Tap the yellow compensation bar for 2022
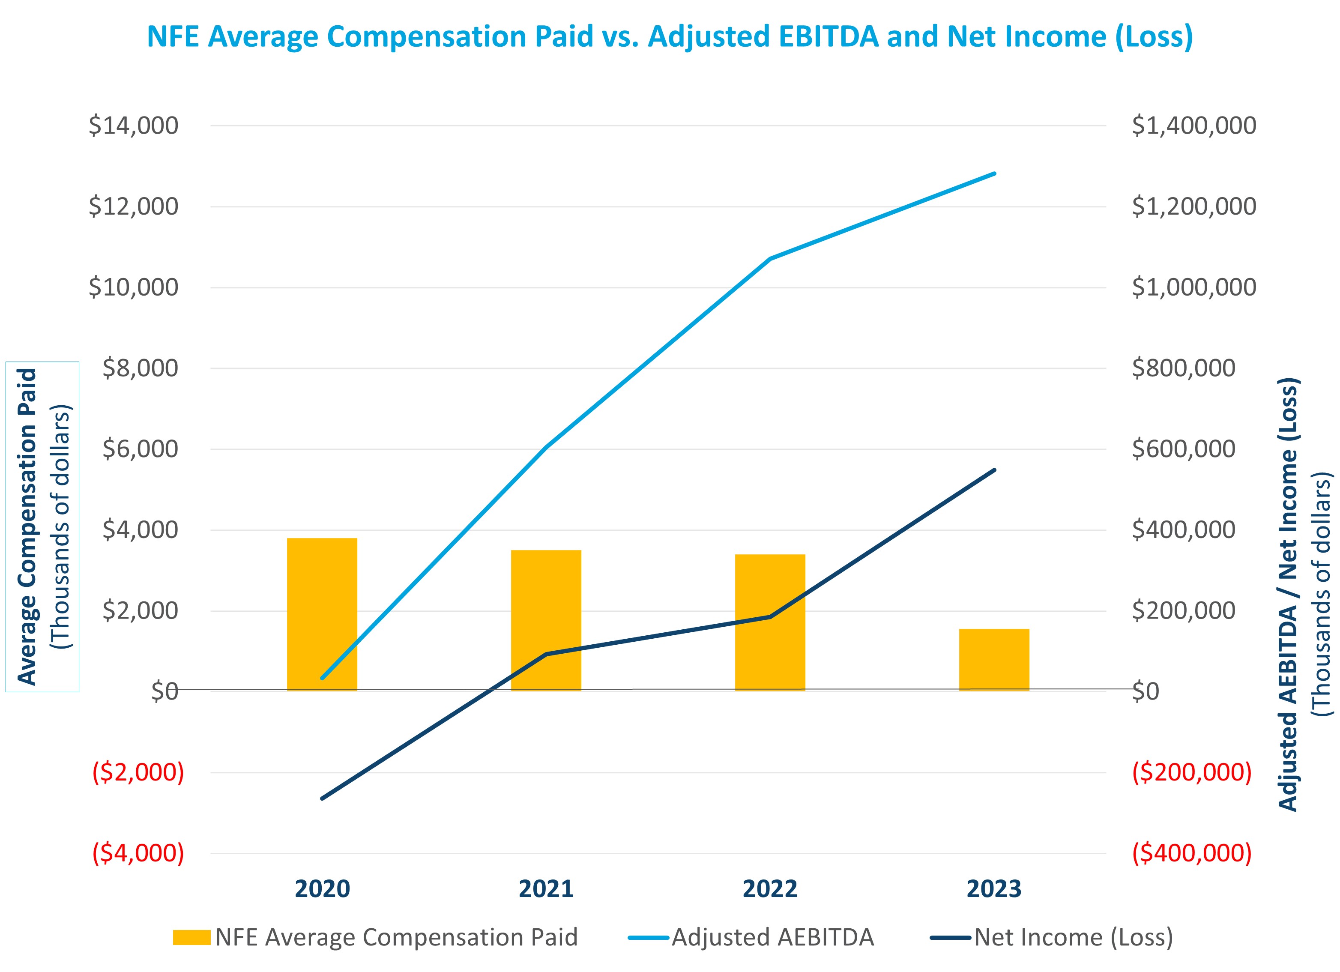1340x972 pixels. click(x=770, y=622)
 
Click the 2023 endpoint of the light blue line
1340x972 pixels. click(x=994, y=174)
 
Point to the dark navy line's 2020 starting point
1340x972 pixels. click(x=322, y=798)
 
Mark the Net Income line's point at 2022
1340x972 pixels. click(x=770, y=617)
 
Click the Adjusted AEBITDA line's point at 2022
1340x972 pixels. click(x=770, y=259)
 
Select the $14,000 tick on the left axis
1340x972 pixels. click(x=134, y=126)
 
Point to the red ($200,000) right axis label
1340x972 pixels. click(x=1192, y=772)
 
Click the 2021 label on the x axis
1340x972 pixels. click(x=546, y=889)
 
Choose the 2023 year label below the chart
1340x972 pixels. click(x=994, y=889)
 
